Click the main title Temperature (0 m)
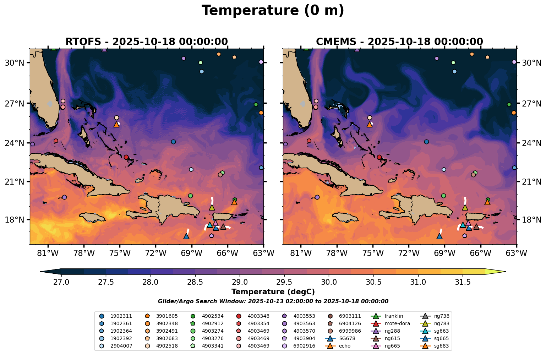pos(273,11)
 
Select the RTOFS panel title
pos(146,42)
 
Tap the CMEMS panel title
pos(399,42)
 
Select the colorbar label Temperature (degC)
pos(273,292)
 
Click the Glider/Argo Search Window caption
pos(273,301)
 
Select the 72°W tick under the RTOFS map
pos(156,254)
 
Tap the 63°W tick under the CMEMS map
pos(516,254)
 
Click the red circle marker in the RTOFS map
pos(126,157)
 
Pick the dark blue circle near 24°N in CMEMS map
pos(426,142)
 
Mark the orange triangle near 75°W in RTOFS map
pos(116,125)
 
